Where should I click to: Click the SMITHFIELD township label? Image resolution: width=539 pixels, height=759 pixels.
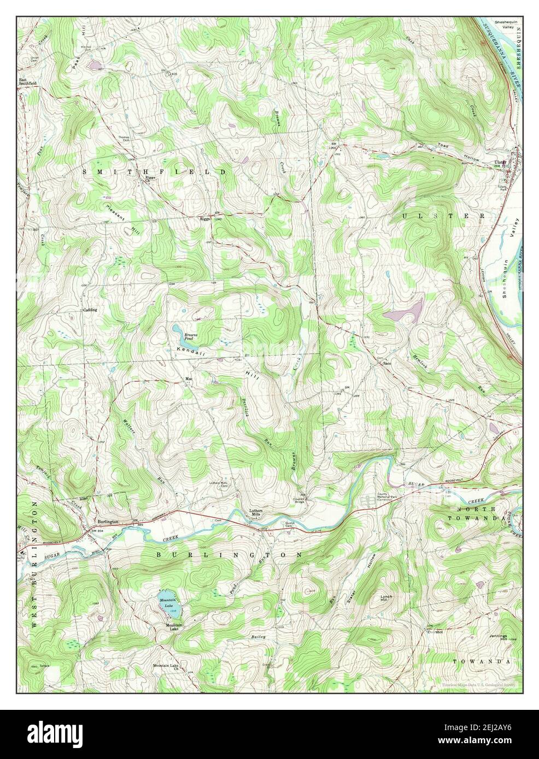[x=154, y=172]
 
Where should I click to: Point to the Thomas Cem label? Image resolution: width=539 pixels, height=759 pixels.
[x=126, y=139]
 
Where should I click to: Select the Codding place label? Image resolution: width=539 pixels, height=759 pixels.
[x=90, y=310]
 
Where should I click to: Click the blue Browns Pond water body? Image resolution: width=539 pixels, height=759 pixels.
[x=180, y=331]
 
